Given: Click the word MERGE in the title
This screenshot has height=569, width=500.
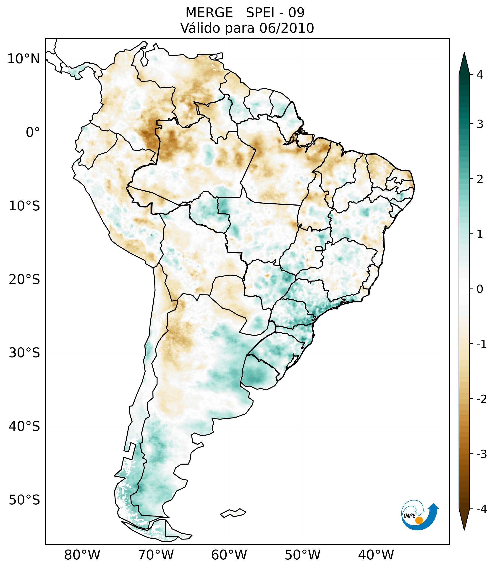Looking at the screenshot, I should coord(209,13).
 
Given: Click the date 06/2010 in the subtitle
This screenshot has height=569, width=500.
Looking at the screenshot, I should coord(286,28).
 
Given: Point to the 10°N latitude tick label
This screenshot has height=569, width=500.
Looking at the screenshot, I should coord(23,59).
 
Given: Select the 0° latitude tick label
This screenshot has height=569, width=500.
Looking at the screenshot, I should coord(33,132).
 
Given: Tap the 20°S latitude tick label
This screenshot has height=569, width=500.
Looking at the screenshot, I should coord(24,280).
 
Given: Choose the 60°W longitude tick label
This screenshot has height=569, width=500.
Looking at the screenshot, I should coord(229,555).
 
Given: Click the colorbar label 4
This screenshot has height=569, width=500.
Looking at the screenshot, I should coord(480,75).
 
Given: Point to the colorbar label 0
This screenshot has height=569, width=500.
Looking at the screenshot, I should coord(480,289).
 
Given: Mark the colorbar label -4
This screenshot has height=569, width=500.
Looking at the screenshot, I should coord(481,509).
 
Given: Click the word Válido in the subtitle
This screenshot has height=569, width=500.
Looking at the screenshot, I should coord(200,28).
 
